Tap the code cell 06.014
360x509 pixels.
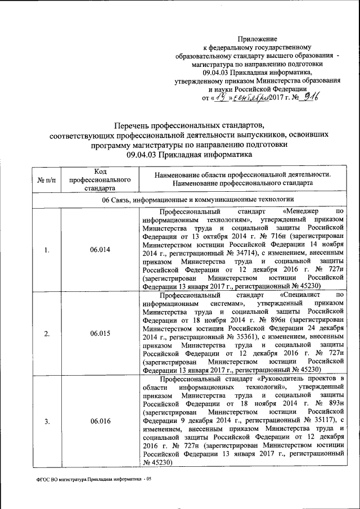(99, 250)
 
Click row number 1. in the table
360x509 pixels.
(47, 250)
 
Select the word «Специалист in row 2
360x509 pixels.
(303, 295)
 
